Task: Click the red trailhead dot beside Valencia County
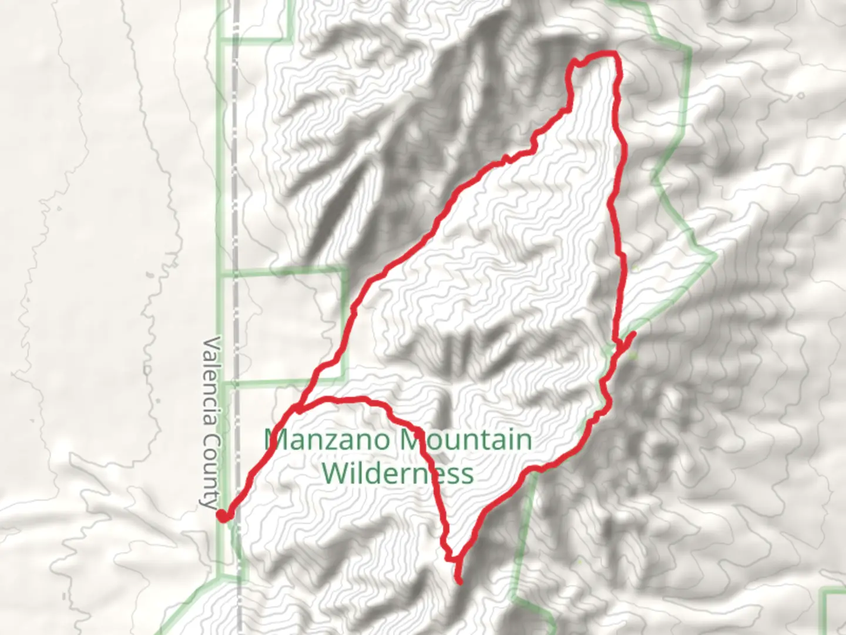click(x=223, y=516)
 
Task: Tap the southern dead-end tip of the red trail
click(x=459, y=582)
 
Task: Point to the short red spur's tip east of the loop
click(x=634, y=333)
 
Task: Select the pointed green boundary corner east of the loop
click(x=716, y=256)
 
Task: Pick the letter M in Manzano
click(x=275, y=439)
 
